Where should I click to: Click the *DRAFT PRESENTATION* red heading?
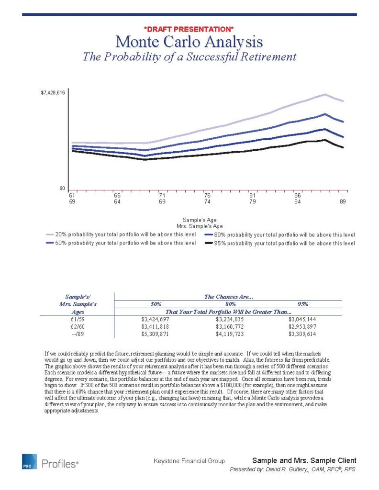pos(189,30)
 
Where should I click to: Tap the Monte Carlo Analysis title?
pos(189,42)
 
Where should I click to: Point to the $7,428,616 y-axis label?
pos(53,93)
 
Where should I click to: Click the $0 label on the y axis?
pos(62,188)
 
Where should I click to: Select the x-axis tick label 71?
pos(162,195)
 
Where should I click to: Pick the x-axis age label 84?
pos(298,201)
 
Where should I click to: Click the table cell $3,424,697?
pos(155,318)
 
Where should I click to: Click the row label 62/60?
pos(77,326)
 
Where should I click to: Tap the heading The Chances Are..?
pos(225,297)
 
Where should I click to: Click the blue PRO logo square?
pos(29,462)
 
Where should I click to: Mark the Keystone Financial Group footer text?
pos(189,461)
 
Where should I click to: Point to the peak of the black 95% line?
pos(325,140)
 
